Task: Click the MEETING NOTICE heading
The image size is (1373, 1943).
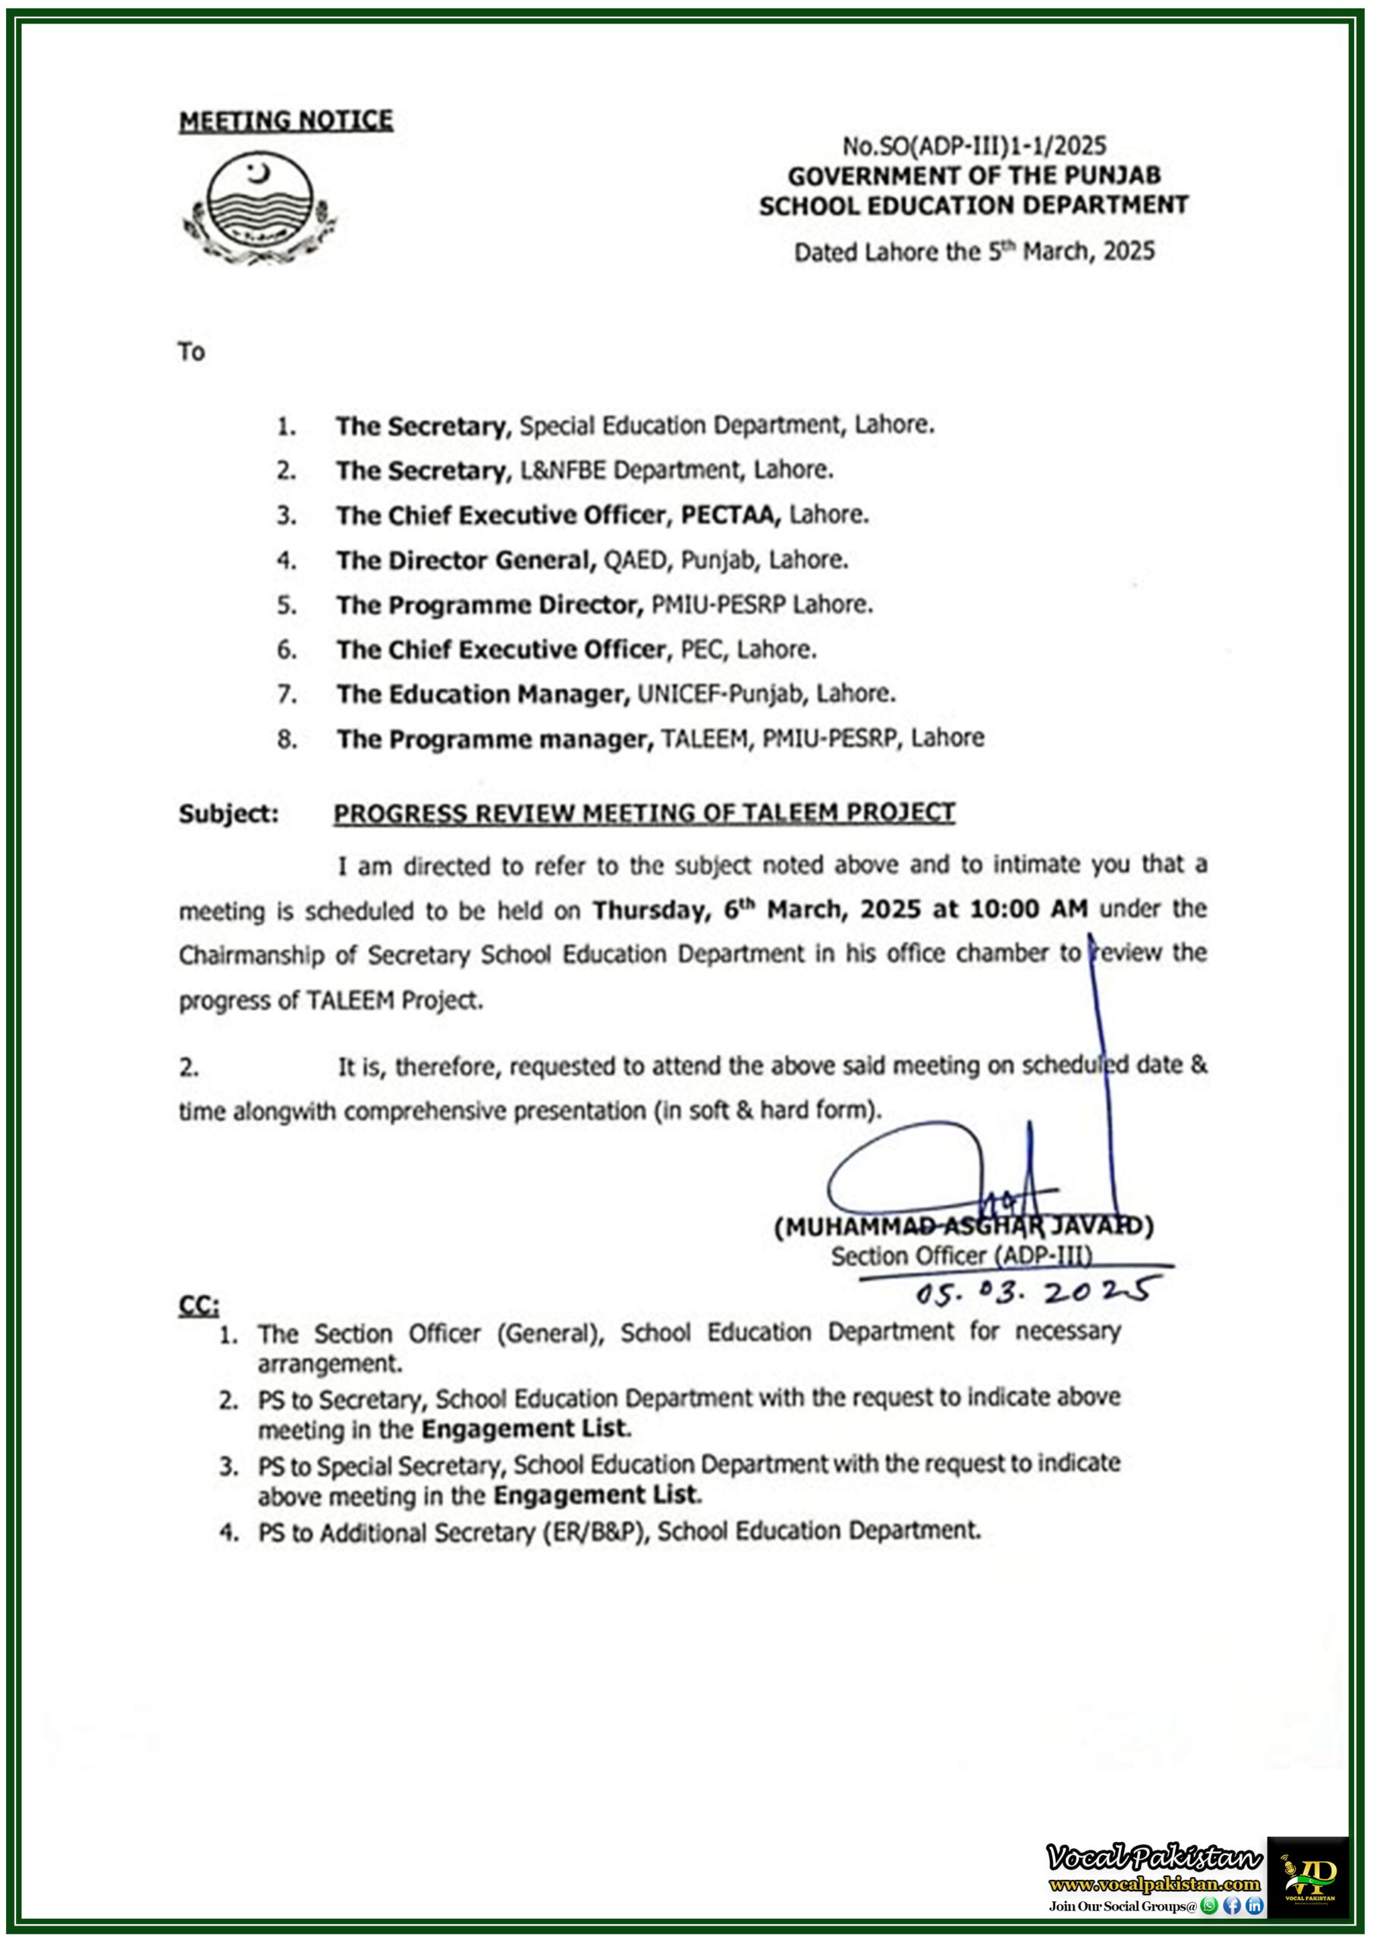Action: (286, 121)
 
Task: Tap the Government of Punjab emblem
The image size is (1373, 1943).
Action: (259, 207)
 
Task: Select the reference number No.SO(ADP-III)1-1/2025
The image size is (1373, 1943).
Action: (974, 146)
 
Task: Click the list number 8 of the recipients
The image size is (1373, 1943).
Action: (287, 739)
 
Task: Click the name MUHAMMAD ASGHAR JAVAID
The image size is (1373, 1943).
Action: (963, 1227)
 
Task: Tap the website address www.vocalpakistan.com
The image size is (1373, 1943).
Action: (1155, 1885)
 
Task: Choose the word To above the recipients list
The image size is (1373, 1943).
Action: (192, 351)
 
